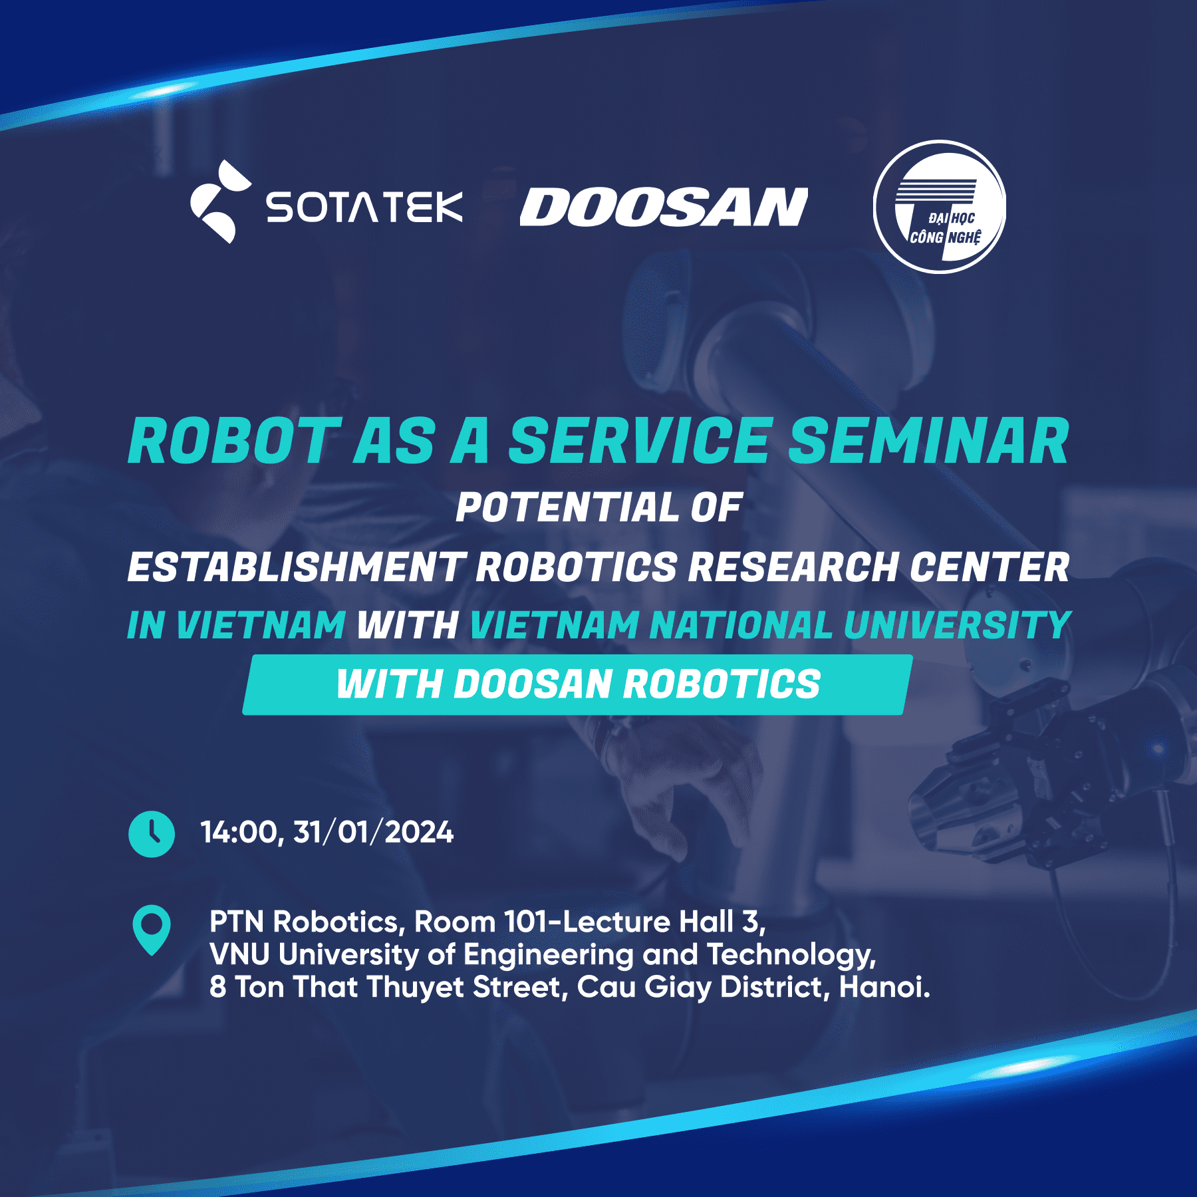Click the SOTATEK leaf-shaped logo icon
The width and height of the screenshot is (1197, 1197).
click(x=219, y=201)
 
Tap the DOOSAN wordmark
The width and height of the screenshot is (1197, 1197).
click(x=663, y=207)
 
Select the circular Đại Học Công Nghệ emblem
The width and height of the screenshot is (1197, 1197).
click(x=939, y=207)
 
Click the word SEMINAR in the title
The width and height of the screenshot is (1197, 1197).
click(x=928, y=441)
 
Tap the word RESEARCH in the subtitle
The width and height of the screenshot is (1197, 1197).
click(x=792, y=567)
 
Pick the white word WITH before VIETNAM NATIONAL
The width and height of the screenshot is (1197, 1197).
click(x=407, y=626)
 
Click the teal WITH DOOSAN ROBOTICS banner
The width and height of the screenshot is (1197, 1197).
click(x=577, y=684)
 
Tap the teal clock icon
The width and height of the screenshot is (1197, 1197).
click(x=152, y=833)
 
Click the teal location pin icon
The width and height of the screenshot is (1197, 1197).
click(x=152, y=928)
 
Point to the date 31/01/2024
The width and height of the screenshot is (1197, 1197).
click(x=373, y=832)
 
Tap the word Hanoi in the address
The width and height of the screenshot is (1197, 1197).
click(x=883, y=987)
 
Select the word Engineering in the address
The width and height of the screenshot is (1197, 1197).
click(x=548, y=955)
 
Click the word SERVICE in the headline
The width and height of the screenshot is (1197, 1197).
click(x=641, y=441)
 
